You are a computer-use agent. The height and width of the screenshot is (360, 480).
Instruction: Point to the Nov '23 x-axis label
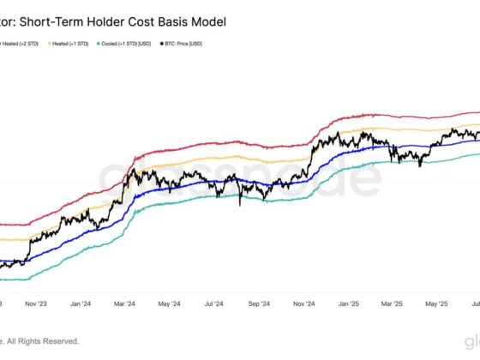[37, 303]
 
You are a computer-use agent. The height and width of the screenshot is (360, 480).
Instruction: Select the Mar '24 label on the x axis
[124, 303]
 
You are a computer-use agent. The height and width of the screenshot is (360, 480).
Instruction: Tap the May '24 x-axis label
[169, 303]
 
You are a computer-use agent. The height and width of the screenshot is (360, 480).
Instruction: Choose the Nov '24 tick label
[304, 303]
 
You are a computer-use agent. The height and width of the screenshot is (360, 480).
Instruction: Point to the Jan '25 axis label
[348, 303]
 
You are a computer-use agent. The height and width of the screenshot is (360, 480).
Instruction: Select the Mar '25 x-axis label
[392, 303]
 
